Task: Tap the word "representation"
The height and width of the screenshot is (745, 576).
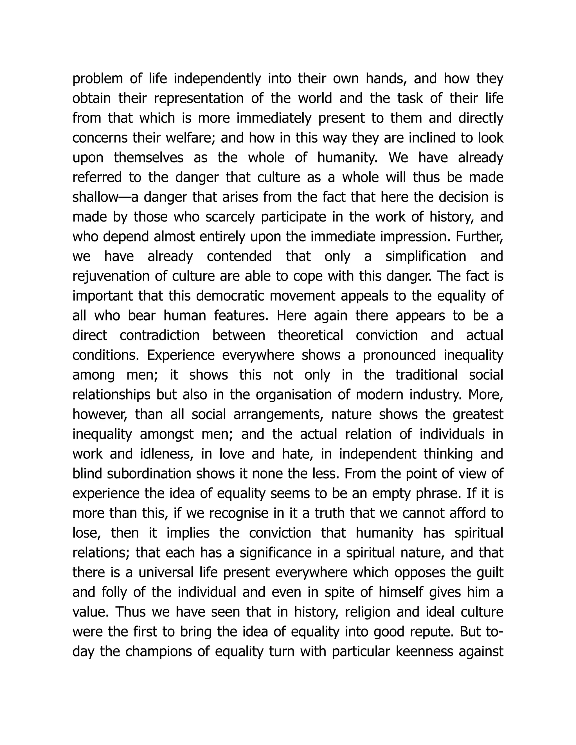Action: [x=199, y=99]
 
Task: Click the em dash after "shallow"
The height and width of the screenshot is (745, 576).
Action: [x=125, y=197]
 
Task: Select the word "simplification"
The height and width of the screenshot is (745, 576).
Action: [x=426, y=256]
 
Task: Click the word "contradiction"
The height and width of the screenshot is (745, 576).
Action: [x=159, y=335]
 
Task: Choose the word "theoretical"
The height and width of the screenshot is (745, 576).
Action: [x=310, y=335]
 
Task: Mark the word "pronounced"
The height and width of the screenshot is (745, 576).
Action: [x=399, y=355]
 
